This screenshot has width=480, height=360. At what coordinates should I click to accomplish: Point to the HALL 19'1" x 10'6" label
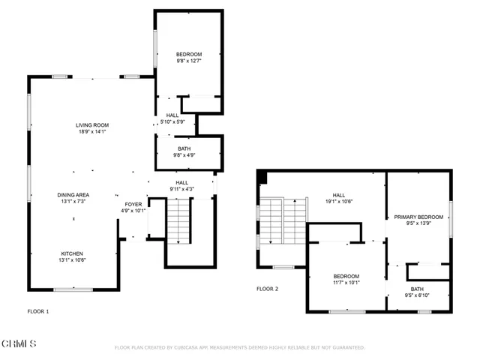338,197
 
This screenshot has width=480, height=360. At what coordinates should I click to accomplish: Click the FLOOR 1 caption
38,310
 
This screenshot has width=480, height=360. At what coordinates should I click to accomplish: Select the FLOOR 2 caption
267,289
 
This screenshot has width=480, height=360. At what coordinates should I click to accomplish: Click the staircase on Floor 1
178,221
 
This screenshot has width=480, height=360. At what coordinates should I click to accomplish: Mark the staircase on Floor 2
283,222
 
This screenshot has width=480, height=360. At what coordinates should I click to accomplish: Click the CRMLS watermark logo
19,344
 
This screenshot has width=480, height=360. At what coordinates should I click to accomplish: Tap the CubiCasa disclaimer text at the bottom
239,348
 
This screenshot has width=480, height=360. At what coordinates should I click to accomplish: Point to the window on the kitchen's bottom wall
73,289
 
